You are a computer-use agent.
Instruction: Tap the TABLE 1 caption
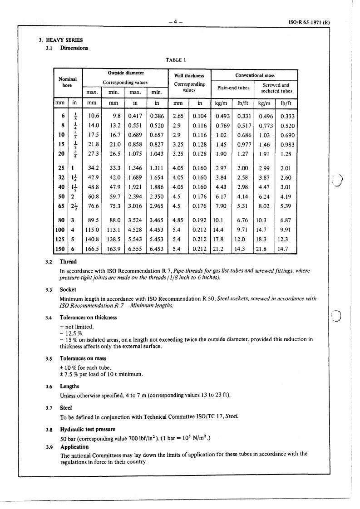coord(178,59)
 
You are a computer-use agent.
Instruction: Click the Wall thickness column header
coord(189,75)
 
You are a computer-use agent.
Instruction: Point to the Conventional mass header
coord(254,75)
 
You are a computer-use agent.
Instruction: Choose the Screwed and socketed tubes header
coord(276,88)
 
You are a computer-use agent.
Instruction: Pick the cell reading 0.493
coord(223,116)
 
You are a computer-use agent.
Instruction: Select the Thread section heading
coord(68,262)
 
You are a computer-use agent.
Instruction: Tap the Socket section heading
coord(68,289)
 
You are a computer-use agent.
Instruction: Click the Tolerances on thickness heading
coord(88,318)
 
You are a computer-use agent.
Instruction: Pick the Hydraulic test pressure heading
coord(88,429)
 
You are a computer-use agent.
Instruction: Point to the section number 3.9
coord(49,447)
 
